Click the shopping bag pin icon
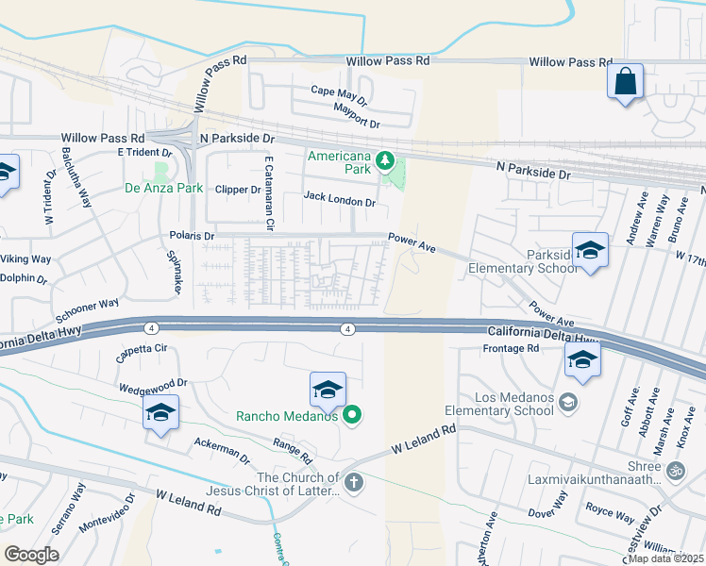[x=625, y=81]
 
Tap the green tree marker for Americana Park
[x=384, y=161]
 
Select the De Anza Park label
[x=164, y=188]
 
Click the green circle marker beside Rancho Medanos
[x=352, y=414]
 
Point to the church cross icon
[x=353, y=483]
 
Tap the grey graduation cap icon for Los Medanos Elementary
[x=568, y=403]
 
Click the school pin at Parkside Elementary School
[x=590, y=250]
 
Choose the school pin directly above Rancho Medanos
[x=328, y=390]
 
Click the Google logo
[x=31, y=555]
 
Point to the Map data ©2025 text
[x=665, y=558]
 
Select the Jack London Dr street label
[x=340, y=199]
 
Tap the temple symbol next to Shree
[x=675, y=470]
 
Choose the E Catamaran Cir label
[x=269, y=194]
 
